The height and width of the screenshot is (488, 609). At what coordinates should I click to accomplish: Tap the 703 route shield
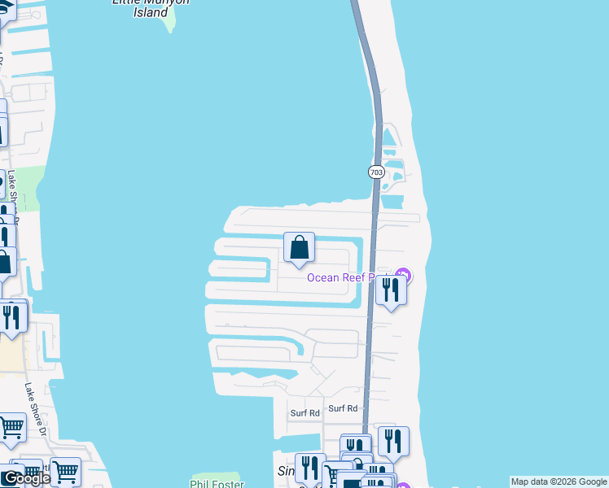click(375, 172)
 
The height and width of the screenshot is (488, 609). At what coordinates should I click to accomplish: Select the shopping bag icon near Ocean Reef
click(299, 247)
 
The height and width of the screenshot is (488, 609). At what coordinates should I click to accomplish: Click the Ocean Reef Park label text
click(350, 278)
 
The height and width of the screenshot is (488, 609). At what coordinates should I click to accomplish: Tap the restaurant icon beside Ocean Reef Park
click(392, 291)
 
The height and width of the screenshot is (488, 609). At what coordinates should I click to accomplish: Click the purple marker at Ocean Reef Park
click(403, 277)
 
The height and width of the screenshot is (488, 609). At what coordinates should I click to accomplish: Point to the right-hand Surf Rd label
click(343, 408)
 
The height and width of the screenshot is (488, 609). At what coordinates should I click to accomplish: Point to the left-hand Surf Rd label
click(305, 413)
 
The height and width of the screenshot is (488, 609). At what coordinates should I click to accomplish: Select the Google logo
click(26, 478)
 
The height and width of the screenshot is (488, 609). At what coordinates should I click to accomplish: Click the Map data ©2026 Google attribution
click(559, 481)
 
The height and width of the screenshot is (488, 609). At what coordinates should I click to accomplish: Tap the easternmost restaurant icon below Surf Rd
click(393, 441)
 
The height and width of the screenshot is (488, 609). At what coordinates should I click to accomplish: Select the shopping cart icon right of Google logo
click(65, 470)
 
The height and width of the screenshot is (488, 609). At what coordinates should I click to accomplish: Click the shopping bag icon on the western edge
click(5, 261)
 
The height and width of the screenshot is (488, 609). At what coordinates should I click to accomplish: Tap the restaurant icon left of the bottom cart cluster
click(309, 468)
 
